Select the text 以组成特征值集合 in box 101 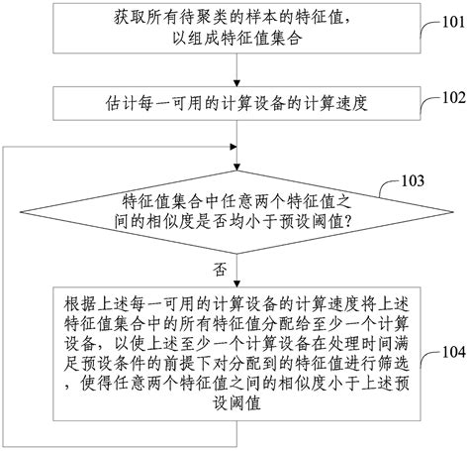pos(232,42)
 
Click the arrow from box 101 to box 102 pos(233,73)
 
